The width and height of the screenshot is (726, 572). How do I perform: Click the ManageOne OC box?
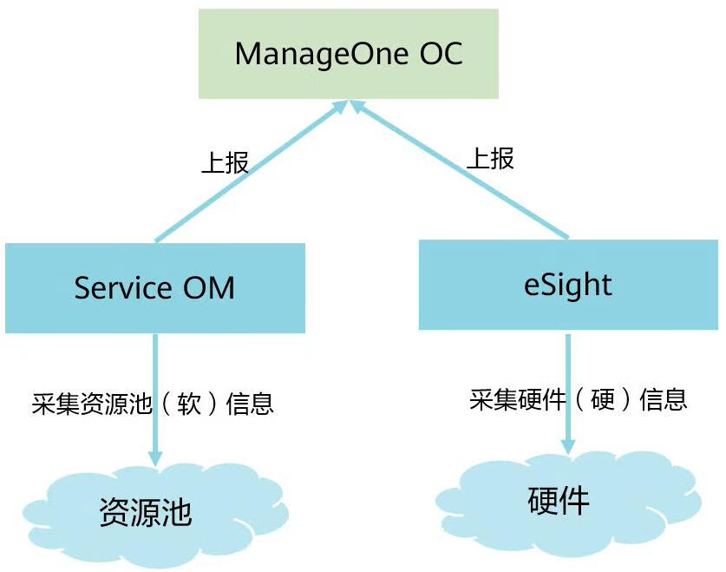coord(349,54)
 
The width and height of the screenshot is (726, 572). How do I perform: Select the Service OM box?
coord(154,288)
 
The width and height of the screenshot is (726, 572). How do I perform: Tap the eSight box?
coord(568,285)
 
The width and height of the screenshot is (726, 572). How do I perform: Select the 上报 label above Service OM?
coord(225,162)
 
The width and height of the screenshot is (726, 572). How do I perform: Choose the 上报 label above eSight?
coord(490,158)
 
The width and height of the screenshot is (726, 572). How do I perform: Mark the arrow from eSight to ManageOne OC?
coord(460,169)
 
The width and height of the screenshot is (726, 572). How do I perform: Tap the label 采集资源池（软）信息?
coord(153,404)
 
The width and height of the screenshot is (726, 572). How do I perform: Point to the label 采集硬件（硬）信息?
coord(579,399)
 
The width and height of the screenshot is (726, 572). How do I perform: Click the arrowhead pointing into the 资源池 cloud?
coord(155,457)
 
